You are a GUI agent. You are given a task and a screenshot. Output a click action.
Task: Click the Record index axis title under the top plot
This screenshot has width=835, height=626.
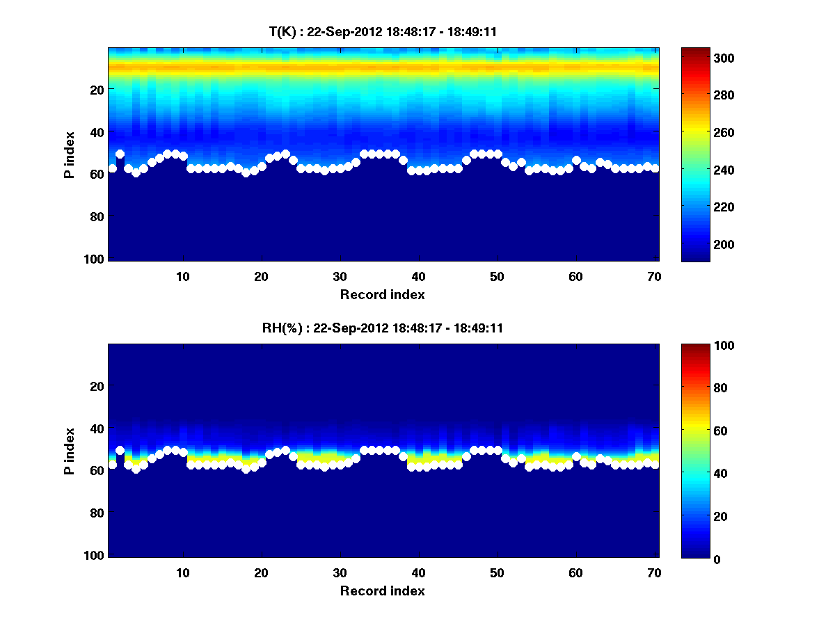coord(383,294)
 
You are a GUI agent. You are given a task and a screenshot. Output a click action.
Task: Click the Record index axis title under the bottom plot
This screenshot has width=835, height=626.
coord(383,591)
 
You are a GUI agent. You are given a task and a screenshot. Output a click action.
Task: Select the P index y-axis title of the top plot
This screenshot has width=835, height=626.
coord(70,154)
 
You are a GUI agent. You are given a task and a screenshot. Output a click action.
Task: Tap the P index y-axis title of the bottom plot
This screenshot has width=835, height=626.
coord(70,450)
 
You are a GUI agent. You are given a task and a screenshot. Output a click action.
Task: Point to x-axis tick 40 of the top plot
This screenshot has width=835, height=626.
coord(418,276)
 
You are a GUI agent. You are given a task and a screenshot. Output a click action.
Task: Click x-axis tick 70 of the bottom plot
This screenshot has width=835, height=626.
coord(654,572)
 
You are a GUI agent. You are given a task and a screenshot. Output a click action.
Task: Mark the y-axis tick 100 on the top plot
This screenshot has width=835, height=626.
coord(95,259)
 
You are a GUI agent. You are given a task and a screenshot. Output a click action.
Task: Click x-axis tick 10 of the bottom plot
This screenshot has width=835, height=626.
coord(182,572)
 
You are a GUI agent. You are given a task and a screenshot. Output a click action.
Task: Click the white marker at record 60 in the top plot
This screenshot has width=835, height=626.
coord(576,161)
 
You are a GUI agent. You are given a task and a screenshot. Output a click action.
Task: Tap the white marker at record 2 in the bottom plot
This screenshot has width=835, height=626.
coord(120,450)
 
